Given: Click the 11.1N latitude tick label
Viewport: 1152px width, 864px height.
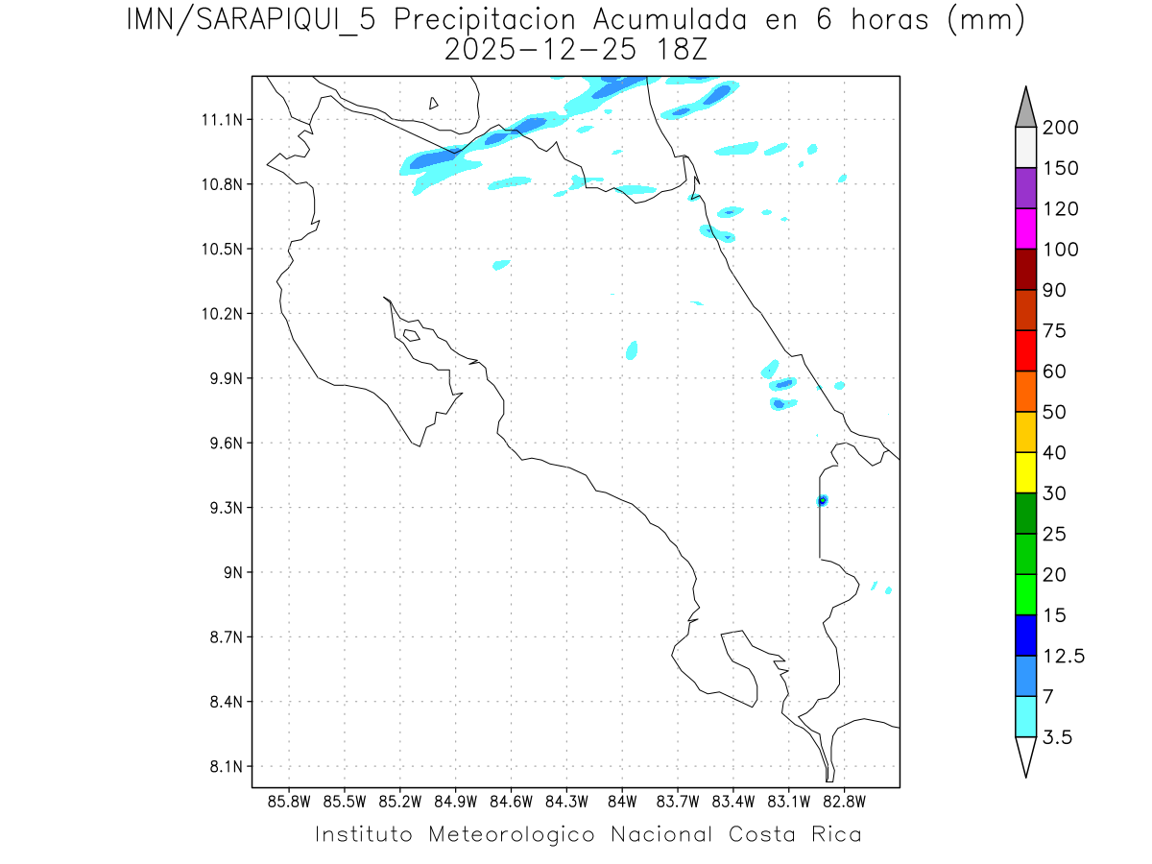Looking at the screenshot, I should pyautogui.click(x=217, y=120).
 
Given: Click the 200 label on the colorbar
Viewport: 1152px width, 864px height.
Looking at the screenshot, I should pyautogui.click(x=1060, y=128).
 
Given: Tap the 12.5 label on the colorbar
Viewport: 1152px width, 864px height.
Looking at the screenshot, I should pyautogui.click(x=1064, y=656).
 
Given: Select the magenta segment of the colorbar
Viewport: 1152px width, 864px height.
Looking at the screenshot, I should pyautogui.click(x=1025, y=228).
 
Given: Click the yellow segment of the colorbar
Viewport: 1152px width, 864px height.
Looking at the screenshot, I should pyautogui.click(x=1025, y=472).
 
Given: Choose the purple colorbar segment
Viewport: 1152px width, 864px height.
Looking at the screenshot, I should pyautogui.click(x=1025, y=188).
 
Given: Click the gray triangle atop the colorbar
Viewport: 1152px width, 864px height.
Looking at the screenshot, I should pyautogui.click(x=1025, y=108).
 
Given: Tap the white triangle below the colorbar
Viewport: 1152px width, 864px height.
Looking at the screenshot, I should pyautogui.click(x=1025, y=756).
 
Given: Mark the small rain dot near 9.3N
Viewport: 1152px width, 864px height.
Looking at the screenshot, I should pyautogui.click(x=822, y=500).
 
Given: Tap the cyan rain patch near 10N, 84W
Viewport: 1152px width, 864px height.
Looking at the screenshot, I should pyautogui.click(x=632, y=349).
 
